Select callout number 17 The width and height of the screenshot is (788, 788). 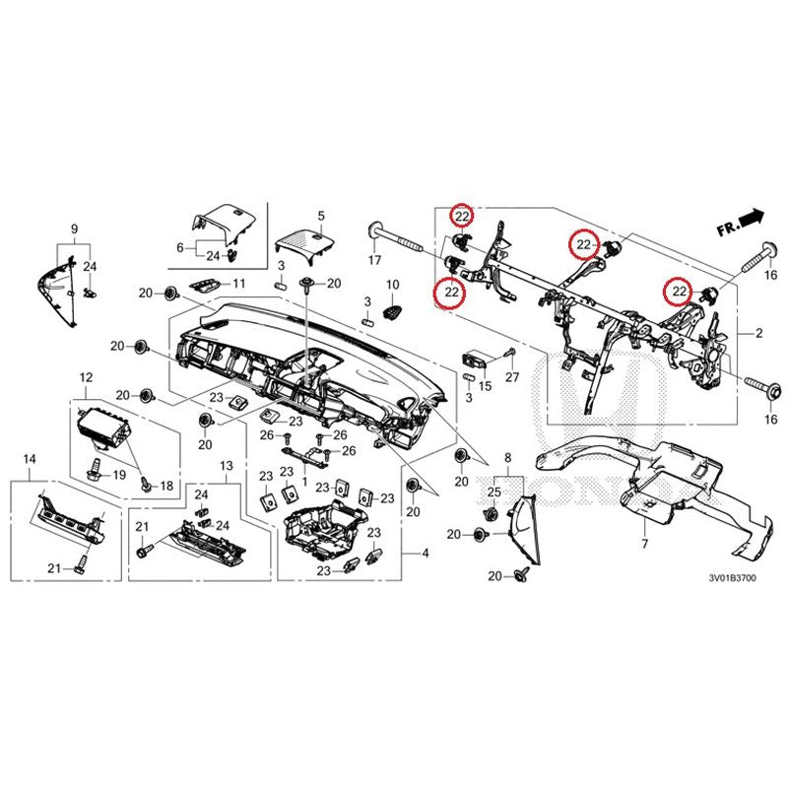[374, 261]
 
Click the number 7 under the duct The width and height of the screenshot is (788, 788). [643, 544]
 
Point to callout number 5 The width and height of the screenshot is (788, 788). [320, 215]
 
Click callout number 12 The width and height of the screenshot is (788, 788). [86, 376]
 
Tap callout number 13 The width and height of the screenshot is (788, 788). [226, 465]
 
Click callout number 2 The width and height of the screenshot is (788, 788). [760, 336]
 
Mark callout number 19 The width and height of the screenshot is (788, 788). [120, 475]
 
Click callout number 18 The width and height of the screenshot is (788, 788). [164, 486]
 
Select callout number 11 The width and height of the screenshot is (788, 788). [237, 284]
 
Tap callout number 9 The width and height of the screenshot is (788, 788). [74, 229]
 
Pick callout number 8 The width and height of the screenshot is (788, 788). [508, 459]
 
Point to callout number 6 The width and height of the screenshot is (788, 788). [179, 247]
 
